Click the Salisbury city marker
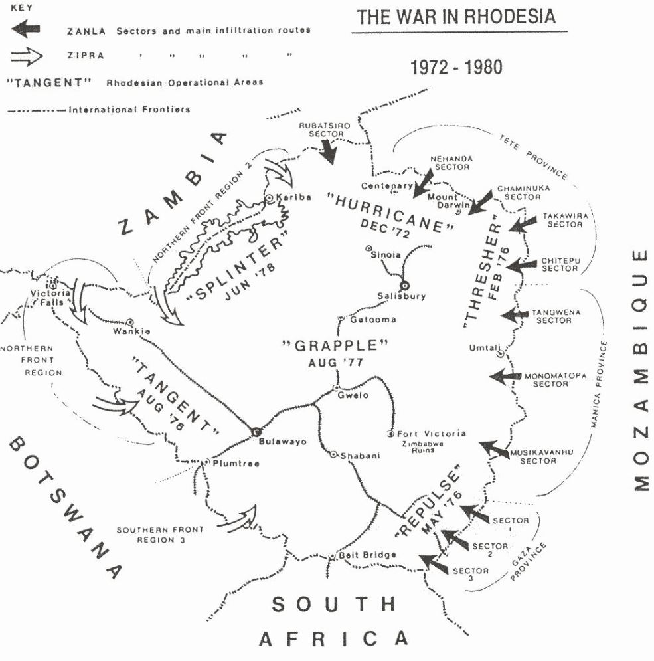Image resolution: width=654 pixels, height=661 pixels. [405, 285]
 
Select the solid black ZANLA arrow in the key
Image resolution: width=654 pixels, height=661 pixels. [27, 30]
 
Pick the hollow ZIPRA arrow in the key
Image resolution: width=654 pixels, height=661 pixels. [27, 56]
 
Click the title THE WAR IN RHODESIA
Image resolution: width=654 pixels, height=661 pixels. [456, 17]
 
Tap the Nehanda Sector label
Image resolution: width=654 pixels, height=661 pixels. [451, 163]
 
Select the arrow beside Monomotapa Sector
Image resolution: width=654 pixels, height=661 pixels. [505, 376]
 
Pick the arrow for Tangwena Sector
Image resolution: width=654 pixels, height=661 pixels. [515, 315]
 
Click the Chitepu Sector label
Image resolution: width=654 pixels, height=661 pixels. [560, 264]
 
